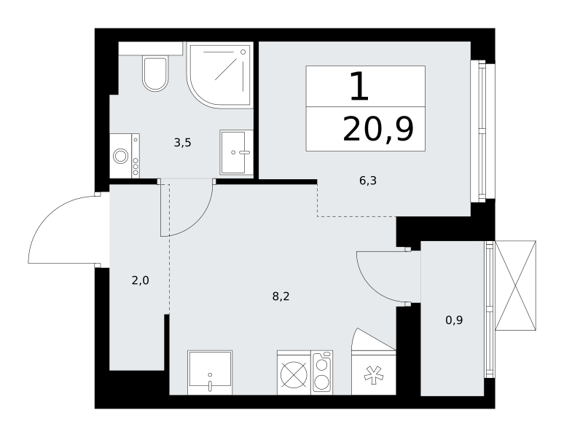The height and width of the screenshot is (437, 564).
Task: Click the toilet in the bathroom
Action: (155, 74)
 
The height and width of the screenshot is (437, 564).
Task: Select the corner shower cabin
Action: (220, 75)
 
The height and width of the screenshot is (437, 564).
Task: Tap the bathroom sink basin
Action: (233, 152)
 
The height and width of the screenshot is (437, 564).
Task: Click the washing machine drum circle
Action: (120, 157)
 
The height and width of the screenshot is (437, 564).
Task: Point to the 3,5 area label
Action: (182, 143)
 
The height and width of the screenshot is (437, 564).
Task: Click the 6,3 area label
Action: (367, 181)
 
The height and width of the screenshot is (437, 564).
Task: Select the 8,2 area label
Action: (281, 296)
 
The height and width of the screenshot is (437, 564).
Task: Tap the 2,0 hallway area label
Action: (141, 280)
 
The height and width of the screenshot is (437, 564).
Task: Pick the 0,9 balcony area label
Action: (454, 320)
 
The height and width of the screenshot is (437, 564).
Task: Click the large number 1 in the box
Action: (359, 86)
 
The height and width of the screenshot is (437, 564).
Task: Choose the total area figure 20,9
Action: (378, 130)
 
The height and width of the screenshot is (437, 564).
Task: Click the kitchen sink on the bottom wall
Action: (210, 372)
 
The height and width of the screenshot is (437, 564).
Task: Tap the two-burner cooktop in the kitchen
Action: (321, 372)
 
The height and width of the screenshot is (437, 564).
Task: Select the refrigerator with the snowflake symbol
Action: (373, 372)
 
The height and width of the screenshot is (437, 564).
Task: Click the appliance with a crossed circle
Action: (294, 372)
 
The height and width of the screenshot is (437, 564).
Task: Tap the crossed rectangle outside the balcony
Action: (515, 286)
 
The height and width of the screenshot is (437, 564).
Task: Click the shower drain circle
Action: (243, 52)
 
